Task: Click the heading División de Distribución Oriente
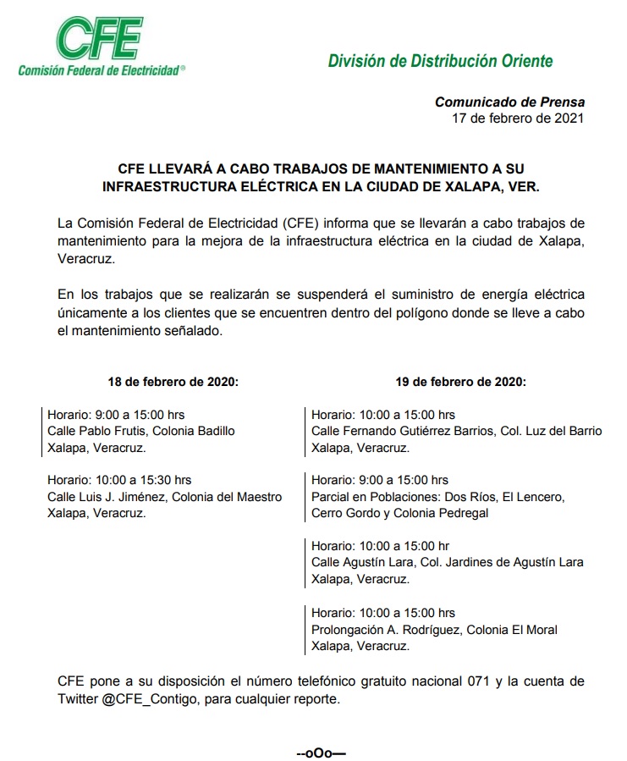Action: (440, 61)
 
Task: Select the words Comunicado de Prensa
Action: (509, 102)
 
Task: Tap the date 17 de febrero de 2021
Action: (518, 119)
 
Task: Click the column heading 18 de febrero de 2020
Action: (173, 382)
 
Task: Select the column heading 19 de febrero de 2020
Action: (460, 382)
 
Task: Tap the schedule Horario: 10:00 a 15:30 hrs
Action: (119, 481)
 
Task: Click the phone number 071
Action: (477, 681)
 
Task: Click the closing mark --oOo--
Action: (322, 752)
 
